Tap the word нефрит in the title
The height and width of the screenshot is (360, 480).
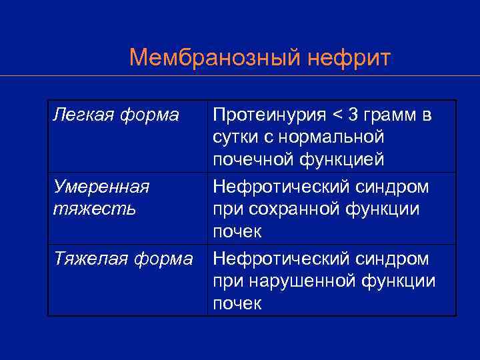point(349,58)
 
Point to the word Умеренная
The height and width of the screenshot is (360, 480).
point(101,187)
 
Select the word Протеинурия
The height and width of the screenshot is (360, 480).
point(269,115)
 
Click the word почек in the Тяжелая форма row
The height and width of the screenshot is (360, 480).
point(237,303)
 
